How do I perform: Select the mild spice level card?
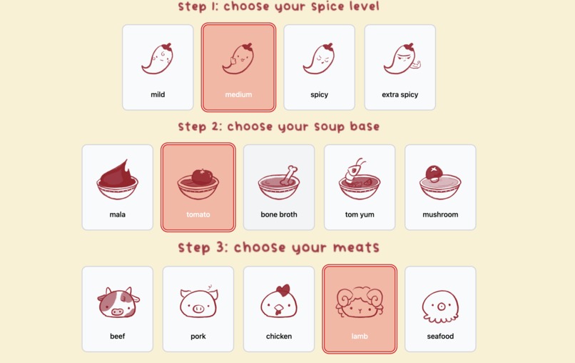158,67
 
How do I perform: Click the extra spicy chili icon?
402,59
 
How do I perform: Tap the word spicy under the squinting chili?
319,94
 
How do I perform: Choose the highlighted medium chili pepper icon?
238,59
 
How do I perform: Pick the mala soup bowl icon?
117,179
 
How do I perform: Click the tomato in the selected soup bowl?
201,176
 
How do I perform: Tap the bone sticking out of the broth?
290,175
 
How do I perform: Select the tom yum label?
360,214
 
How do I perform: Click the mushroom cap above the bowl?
434,171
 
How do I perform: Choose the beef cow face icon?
118,302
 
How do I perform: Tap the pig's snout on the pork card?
198,309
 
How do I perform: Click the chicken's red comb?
283,290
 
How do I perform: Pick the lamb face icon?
360,302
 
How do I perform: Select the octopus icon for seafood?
440,307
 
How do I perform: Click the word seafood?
440,336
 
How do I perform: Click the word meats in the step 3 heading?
356,247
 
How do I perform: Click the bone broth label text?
279,214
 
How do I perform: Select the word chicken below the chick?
279,336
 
